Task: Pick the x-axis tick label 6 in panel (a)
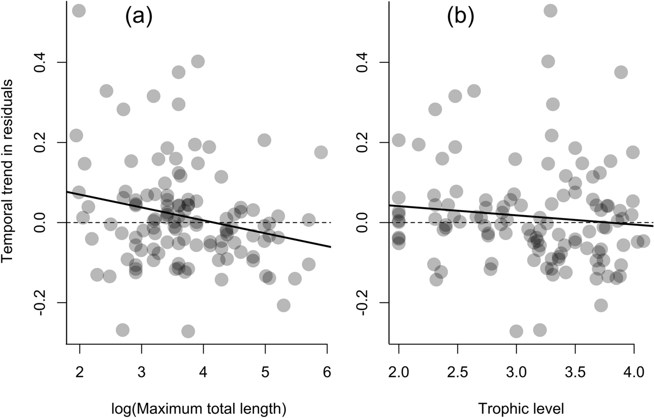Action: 327,372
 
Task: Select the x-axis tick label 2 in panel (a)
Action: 79,372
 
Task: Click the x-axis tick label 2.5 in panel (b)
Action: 457,372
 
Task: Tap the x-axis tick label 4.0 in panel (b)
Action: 634,372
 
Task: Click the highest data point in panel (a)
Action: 79,11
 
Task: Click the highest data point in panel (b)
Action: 550,11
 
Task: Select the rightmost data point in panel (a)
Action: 321,152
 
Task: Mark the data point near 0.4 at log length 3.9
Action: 198,61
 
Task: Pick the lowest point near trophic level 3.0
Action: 516,331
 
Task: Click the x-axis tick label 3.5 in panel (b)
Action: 575,372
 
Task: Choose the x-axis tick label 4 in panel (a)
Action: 203,372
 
